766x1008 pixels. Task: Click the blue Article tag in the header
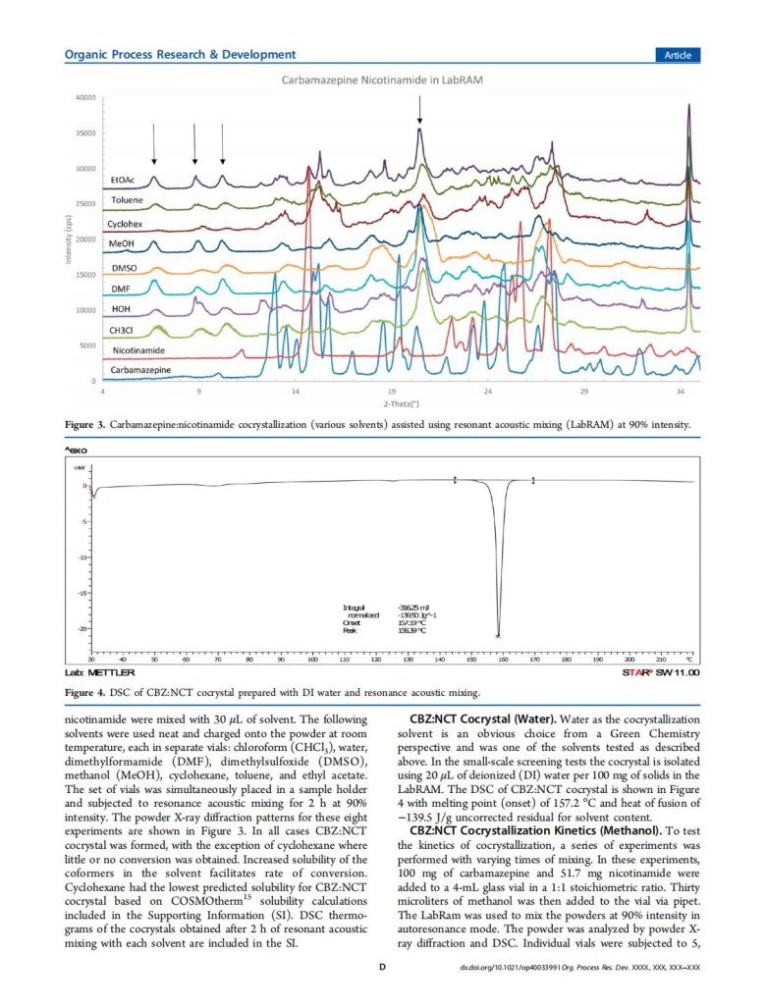click(x=677, y=55)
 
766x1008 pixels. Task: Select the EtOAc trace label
click(x=123, y=181)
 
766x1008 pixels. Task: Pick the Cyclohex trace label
click(x=127, y=224)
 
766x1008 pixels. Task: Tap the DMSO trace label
click(x=125, y=266)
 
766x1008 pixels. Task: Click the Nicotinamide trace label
click(x=138, y=349)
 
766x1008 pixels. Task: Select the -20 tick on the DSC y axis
click(x=83, y=628)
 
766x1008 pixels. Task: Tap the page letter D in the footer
click(x=382, y=993)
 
